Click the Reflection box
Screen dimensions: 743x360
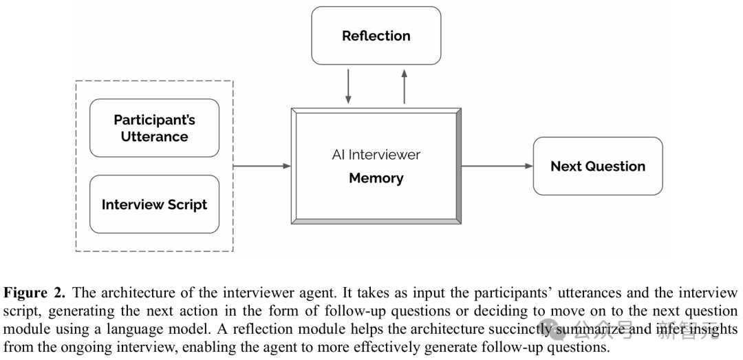click(376, 36)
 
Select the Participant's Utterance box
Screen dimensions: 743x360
click(155, 128)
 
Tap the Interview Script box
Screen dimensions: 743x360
click(155, 204)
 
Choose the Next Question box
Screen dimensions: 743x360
click(598, 166)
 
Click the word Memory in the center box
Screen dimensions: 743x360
click(376, 178)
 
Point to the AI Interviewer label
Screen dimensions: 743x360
click(376, 155)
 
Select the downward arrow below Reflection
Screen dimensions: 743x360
click(348, 86)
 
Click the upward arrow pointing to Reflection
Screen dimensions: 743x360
click(405, 86)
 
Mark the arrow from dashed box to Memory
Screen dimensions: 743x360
click(262, 166)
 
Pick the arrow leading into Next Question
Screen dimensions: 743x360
click(497, 166)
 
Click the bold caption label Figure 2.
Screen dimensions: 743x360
click(34, 293)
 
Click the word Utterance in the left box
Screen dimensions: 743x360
click(155, 136)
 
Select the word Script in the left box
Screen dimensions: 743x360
click(182, 205)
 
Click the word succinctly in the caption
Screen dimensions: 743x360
click(517, 329)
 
